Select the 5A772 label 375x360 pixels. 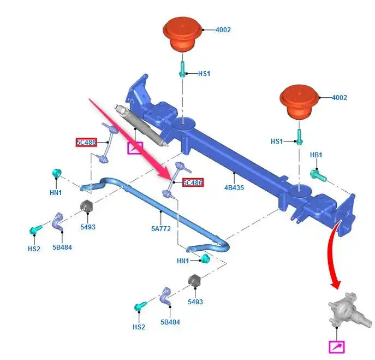point(161,229)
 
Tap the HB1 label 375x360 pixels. point(316,155)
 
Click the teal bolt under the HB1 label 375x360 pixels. point(317,175)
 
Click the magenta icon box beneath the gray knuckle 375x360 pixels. point(337,347)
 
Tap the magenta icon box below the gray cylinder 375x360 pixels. point(134,147)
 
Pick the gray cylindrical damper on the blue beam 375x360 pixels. point(142,127)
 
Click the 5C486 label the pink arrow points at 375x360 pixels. point(193,183)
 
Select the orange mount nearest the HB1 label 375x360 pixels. point(298,102)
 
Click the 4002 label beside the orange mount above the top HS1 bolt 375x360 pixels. point(222,29)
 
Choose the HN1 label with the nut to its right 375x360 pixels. point(183,261)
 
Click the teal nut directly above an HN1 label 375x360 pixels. point(55,174)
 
